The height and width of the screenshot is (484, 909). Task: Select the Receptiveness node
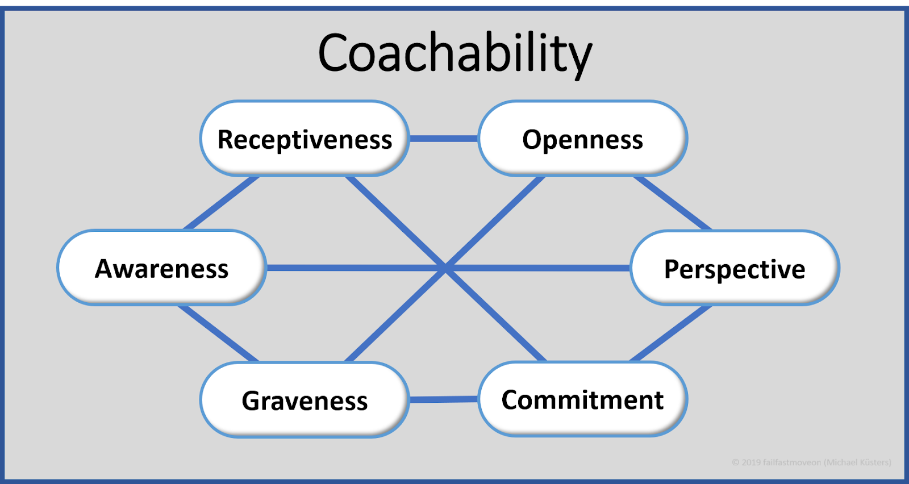[x=305, y=139]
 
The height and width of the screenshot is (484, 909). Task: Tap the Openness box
[x=583, y=139]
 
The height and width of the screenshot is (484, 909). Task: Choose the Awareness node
[x=162, y=268]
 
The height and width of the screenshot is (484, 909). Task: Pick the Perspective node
[x=735, y=268]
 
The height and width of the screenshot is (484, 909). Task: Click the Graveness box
[x=305, y=400]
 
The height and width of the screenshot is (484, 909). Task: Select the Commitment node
[x=583, y=399]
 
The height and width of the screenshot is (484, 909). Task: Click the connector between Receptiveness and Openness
[x=444, y=139]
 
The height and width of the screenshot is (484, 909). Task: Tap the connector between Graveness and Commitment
[x=444, y=399]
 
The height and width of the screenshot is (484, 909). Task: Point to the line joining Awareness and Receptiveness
[x=222, y=203]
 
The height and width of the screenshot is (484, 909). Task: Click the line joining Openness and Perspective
[x=673, y=203]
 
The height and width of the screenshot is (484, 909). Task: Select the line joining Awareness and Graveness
[x=218, y=333]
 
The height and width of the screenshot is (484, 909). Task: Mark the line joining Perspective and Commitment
[x=671, y=333]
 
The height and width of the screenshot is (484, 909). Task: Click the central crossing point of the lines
[x=446, y=268]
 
